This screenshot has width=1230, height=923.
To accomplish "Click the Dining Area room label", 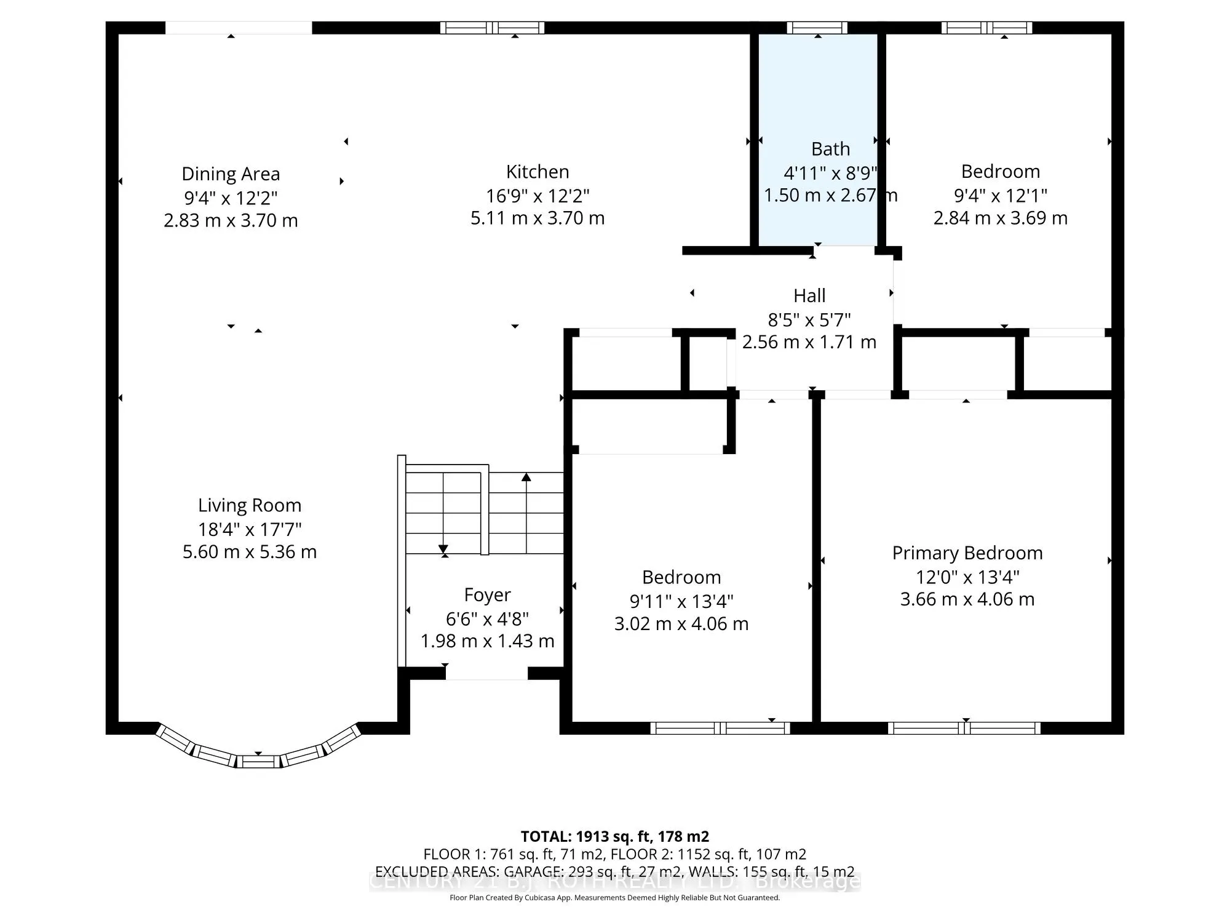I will (x=231, y=174).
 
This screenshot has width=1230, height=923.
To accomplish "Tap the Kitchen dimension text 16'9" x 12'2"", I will (x=538, y=196).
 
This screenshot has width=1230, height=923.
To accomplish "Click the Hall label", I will (x=809, y=296).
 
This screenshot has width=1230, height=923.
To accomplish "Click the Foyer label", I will (x=487, y=595).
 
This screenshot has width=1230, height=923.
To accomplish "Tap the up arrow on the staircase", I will (x=526, y=477).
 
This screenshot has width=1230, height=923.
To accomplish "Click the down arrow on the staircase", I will (x=443, y=549).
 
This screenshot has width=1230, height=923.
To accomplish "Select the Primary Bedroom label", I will (x=967, y=553).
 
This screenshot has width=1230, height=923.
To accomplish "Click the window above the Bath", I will (x=817, y=28).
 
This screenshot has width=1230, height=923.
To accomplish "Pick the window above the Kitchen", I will (x=493, y=28).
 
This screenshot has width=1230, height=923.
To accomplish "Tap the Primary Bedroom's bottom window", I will (x=964, y=729).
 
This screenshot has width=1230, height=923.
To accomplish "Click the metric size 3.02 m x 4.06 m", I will (x=681, y=624).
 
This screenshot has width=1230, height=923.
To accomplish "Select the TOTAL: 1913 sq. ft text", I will (x=614, y=837).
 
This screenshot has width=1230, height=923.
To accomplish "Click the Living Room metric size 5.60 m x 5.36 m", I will (x=249, y=552).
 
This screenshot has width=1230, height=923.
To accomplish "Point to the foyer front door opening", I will (x=486, y=673).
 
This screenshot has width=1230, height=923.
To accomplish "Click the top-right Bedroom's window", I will (x=986, y=28).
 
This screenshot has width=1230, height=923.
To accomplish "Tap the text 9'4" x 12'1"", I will (x=1000, y=196).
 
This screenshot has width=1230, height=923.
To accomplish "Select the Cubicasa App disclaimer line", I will (x=614, y=898).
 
